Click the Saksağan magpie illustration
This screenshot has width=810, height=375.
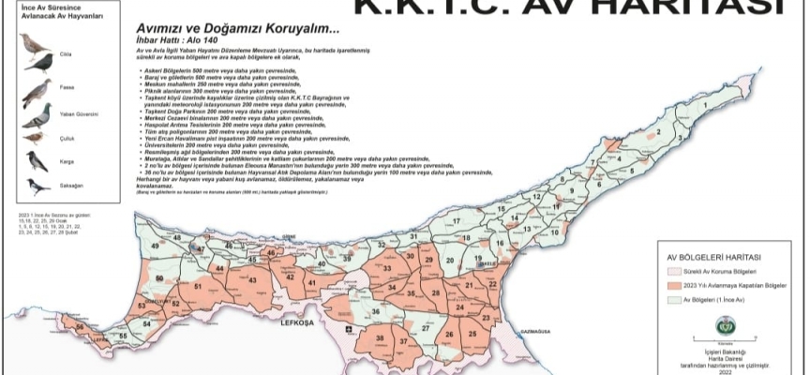[38, 187]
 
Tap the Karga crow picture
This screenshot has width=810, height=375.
[37, 161]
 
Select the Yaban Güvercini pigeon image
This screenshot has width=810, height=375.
[37, 115]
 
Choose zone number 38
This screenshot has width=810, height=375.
[380, 337]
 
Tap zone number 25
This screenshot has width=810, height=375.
[472, 333]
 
